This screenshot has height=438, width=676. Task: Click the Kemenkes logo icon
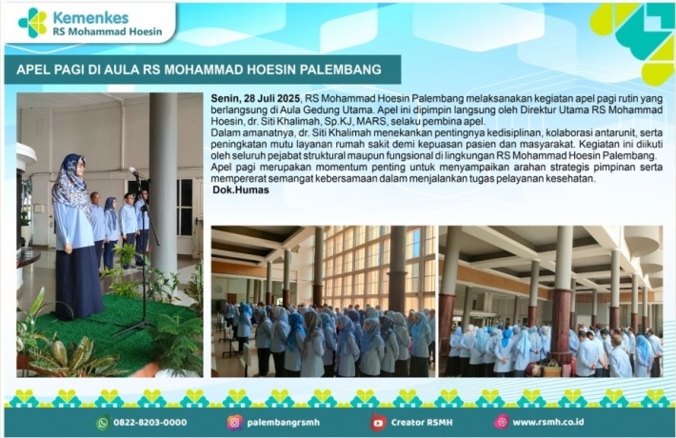point(32,23)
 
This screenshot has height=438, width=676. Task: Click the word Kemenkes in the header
point(90,18)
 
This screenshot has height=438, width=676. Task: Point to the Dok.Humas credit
point(241,189)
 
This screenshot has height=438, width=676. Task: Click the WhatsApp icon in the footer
point(104,423)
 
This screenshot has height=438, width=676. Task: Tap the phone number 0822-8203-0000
point(150,423)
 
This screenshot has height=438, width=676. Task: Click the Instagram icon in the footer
point(235,423)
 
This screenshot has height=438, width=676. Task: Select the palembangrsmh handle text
point(283,423)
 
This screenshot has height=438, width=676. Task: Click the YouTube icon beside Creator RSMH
point(378,423)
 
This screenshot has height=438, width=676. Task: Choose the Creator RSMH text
point(422,423)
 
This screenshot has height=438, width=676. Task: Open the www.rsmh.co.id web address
point(548,423)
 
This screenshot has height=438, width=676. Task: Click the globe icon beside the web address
point(502,423)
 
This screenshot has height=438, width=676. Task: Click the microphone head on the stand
point(132,170)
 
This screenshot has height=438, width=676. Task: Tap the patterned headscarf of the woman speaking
point(71,183)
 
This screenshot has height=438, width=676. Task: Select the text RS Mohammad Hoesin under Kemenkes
point(108,31)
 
